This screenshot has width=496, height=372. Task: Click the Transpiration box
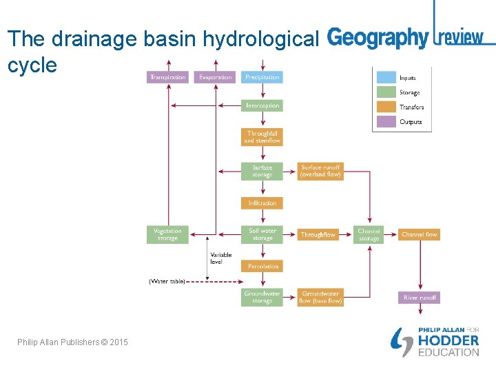tap(167, 77)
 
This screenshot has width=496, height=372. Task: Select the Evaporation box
tap(215, 77)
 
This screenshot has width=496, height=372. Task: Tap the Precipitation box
tap(262, 77)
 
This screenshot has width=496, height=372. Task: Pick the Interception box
tap(262, 105)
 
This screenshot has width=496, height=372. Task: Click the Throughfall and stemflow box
tap(262, 137)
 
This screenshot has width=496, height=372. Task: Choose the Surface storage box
tap(262, 171)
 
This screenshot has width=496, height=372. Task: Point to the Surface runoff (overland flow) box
tap(320, 171)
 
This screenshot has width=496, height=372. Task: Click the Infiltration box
tap(262, 203)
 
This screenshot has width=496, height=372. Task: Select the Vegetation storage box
tap(167, 234)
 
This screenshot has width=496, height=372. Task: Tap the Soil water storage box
tap(262, 234)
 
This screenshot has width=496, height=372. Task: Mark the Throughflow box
tap(318, 234)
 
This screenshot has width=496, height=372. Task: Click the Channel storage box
tap(369, 234)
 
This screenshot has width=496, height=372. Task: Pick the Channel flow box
tap(419, 234)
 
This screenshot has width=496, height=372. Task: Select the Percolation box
tap(262, 266)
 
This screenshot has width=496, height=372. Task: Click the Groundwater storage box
tap(262, 298)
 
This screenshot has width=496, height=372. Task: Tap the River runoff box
tap(419, 298)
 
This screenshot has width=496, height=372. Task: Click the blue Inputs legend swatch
tap(386, 78)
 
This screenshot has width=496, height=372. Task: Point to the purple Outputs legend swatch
tap(386, 122)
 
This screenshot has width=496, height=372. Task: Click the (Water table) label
tap(167, 281)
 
